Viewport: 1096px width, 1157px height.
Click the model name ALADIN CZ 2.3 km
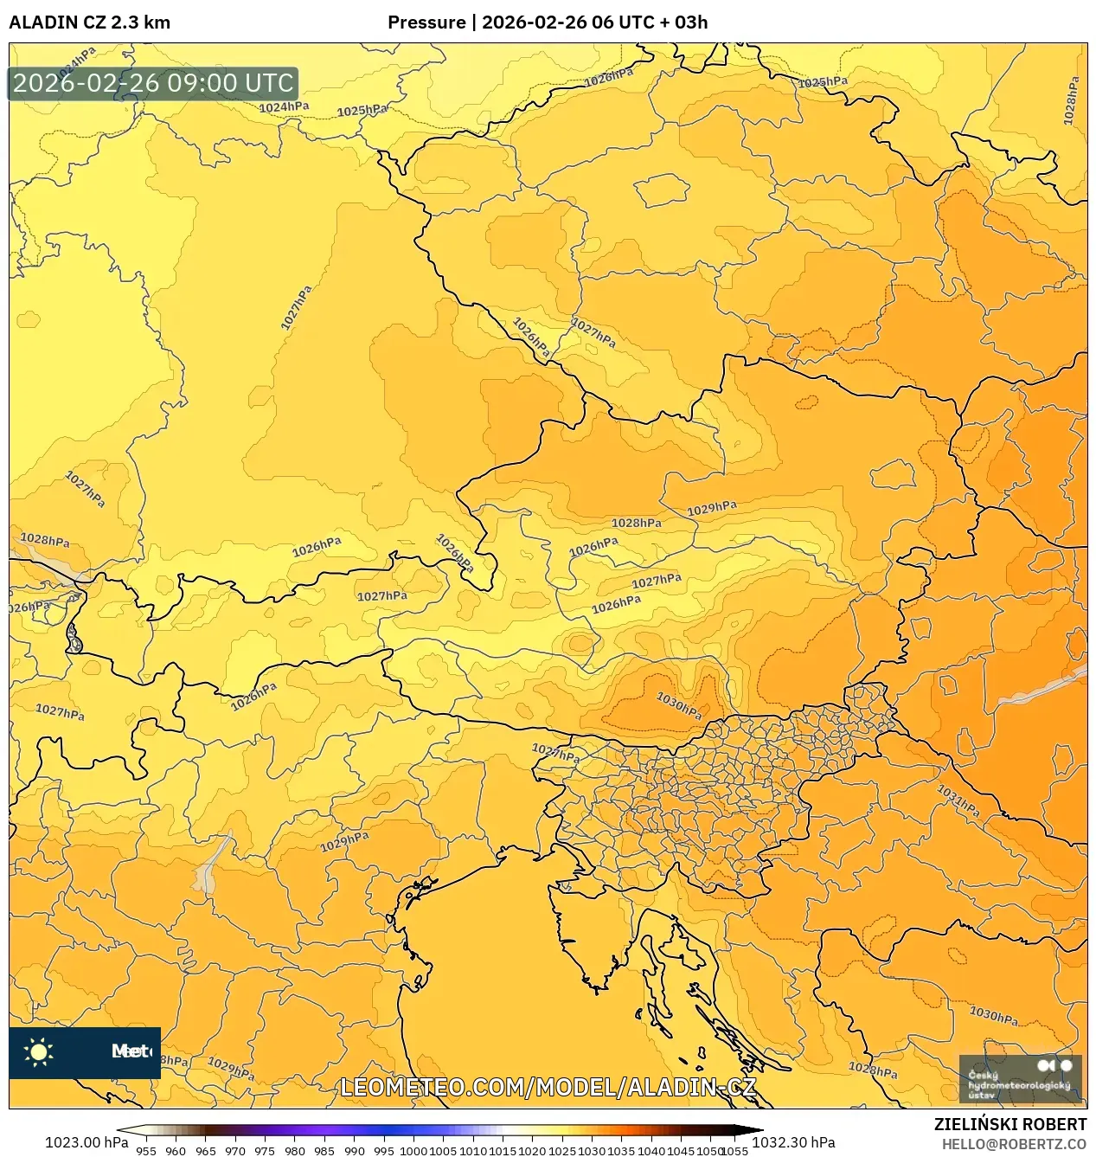(89, 22)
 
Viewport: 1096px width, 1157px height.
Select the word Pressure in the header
(426, 22)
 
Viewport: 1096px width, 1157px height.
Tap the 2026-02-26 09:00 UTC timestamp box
(153, 83)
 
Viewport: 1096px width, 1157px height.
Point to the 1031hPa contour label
(958, 800)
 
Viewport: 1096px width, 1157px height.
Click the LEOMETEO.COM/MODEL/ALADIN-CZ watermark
(548, 1087)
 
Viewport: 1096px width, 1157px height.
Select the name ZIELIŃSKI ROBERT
(1009, 1124)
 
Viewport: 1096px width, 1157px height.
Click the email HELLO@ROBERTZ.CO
(1014, 1144)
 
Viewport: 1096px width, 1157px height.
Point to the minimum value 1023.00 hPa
(87, 1142)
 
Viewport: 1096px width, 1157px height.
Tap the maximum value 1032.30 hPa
(793, 1142)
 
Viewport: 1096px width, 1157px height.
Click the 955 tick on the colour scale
(146, 1151)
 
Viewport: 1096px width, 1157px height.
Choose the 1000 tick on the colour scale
(413, 1151)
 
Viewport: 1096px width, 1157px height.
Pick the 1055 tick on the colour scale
(734, 1151)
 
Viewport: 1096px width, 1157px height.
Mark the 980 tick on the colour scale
(295, 1151)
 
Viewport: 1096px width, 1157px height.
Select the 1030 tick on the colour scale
(592, 1151)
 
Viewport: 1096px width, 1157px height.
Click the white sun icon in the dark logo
(39, 1052)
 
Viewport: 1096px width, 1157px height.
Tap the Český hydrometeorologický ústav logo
(1021, 1078)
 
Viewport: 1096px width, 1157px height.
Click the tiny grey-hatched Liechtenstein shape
(74, 640)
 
